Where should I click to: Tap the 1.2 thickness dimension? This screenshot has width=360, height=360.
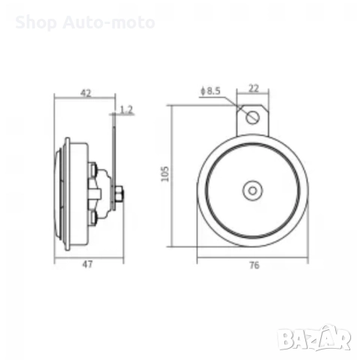[x=126, y=110]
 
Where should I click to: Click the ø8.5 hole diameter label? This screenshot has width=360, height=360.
[x=211, y=91]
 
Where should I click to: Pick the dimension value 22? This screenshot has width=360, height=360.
[x=253, y=88]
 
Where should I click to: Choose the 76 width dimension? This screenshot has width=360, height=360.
[x=253, y=265]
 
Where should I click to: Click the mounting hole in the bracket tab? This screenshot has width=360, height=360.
[x=254, y=117]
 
